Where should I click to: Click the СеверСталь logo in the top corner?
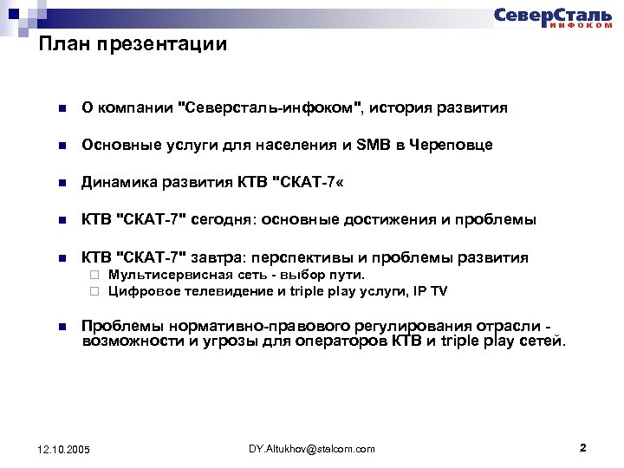click(552, 17)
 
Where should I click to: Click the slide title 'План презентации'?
click(133, 44)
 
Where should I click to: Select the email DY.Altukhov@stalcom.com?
click(311, 448)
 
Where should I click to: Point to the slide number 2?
click(582, 448)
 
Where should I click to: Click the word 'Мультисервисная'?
click(157, 276)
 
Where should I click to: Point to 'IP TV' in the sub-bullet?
click(430, 291)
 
